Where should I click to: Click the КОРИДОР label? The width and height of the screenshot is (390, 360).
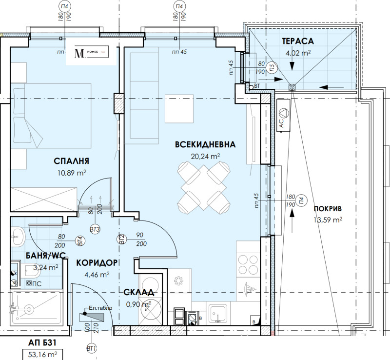click(97, 263)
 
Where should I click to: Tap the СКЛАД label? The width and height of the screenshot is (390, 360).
click(139, 292)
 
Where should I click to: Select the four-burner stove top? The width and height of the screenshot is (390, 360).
click(248, 266)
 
